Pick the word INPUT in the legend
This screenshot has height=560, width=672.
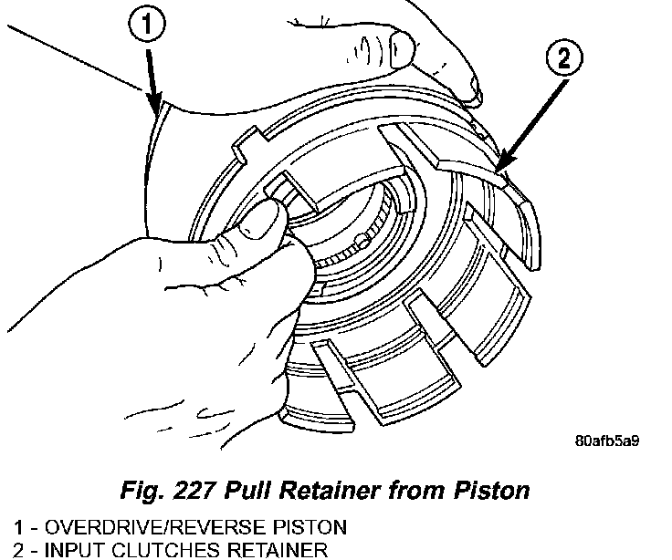point(72,549)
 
